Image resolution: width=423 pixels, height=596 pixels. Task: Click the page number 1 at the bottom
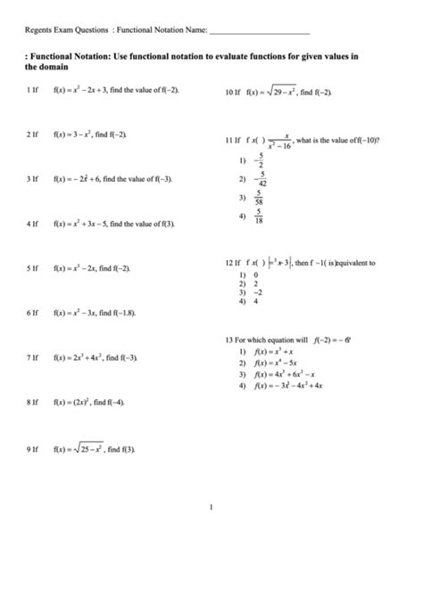tap(211, 509)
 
